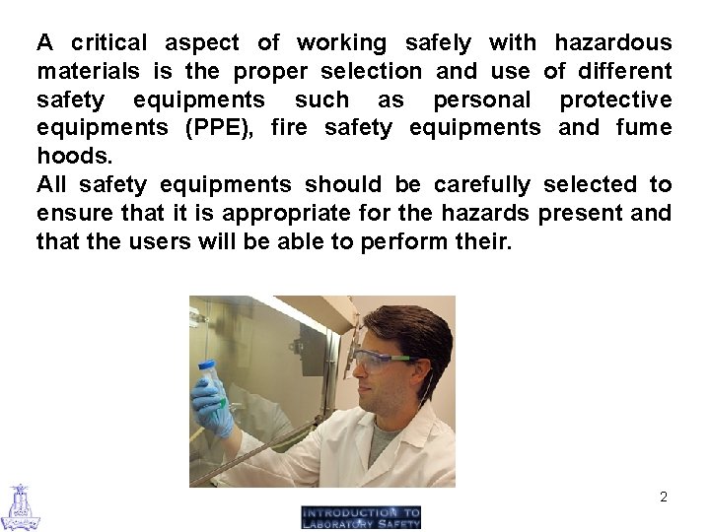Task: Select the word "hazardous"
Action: (612, 42)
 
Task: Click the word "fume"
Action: (643, 127)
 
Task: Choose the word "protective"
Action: (615, 100)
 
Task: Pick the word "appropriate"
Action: (279, 213)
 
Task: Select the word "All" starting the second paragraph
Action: (52, 184)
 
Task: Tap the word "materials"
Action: (88, 71)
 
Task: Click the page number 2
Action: (664, 497)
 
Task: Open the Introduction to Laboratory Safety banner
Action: (361, 517)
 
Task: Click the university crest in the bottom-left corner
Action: (20, 506)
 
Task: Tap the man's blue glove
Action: (213, 404)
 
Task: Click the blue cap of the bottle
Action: (207, 367)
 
